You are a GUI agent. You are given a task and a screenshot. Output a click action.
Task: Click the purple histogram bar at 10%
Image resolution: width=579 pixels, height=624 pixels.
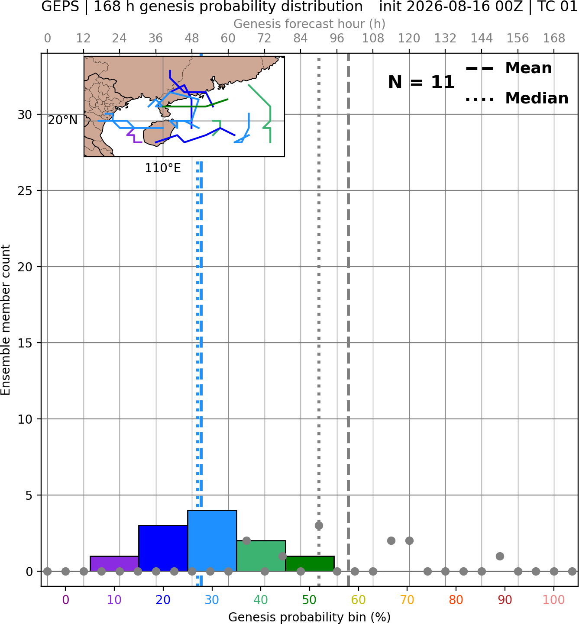(114, 564)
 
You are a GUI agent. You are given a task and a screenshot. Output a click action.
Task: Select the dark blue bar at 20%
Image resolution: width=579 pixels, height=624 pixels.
(163, 548)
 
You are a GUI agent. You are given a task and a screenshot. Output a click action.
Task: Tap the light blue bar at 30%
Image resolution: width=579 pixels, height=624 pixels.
(212, 541)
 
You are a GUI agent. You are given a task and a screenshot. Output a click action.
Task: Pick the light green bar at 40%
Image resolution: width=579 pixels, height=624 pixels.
(261, 556)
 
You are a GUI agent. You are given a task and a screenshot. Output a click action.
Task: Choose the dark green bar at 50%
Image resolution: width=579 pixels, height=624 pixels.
(310, 564)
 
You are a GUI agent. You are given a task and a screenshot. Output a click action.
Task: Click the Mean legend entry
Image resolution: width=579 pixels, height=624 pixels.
(508, 68)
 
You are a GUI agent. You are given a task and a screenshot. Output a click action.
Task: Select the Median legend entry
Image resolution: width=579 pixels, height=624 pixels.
(517, 98)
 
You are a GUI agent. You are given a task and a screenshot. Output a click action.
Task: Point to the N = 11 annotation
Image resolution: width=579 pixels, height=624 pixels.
(421, 82)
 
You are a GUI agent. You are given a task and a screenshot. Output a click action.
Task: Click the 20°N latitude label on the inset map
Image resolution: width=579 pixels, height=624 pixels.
(63, 120)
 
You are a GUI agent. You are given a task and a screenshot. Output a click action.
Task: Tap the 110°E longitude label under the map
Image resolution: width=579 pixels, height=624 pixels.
(163, 168)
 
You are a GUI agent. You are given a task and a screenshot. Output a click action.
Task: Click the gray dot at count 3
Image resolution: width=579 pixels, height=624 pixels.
(319, 525)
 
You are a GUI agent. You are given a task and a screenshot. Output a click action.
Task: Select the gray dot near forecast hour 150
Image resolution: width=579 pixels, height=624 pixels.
(500, 556)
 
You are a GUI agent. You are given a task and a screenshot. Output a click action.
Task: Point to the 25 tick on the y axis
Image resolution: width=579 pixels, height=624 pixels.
(25, 191)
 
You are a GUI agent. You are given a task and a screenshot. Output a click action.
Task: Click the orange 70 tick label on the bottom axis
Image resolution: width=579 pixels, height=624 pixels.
(407, 600)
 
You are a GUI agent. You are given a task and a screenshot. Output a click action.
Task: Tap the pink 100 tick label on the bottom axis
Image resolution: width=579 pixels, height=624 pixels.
(554, 600)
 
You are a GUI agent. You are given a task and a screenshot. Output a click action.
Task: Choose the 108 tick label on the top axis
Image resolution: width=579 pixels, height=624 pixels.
(373, 39)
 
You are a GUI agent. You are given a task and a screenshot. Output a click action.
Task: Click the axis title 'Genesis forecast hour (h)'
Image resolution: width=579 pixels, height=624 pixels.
(310, 24)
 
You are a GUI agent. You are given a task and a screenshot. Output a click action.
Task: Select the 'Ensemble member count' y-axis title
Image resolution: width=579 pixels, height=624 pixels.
(5, 320)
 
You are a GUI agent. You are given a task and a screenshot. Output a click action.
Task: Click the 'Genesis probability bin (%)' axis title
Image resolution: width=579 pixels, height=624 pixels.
(310, 617)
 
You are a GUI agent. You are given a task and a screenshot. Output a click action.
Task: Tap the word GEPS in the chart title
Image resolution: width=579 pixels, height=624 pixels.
(60, 6)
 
